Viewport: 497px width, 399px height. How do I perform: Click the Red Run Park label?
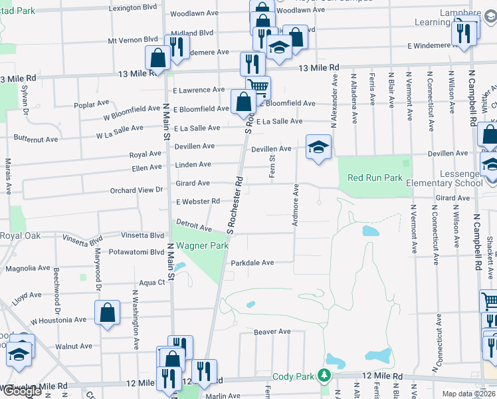pyautogui.click(x=375, y=178)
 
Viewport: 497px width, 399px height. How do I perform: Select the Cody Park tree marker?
pyautogui.click(x=324, y=376)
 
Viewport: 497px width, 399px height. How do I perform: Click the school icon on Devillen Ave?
pyautogui.click(x=318, y=148)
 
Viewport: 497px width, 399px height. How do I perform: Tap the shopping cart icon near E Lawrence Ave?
pyautogui.click(x=258, y=87)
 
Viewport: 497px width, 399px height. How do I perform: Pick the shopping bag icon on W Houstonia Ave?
pyautogui.click(x=107, y=313)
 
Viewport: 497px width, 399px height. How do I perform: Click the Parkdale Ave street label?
pyautogui.click(x=252, y=263)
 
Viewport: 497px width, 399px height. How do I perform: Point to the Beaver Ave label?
pyautogui.click(x=272, y=331)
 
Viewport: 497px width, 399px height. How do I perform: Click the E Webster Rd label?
pyautogui.click(x=197, y=201)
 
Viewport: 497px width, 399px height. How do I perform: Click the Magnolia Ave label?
pyautogui.click(x=27, y=269)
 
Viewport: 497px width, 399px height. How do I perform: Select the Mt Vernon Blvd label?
pyautogui.click(x=133, y=40)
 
